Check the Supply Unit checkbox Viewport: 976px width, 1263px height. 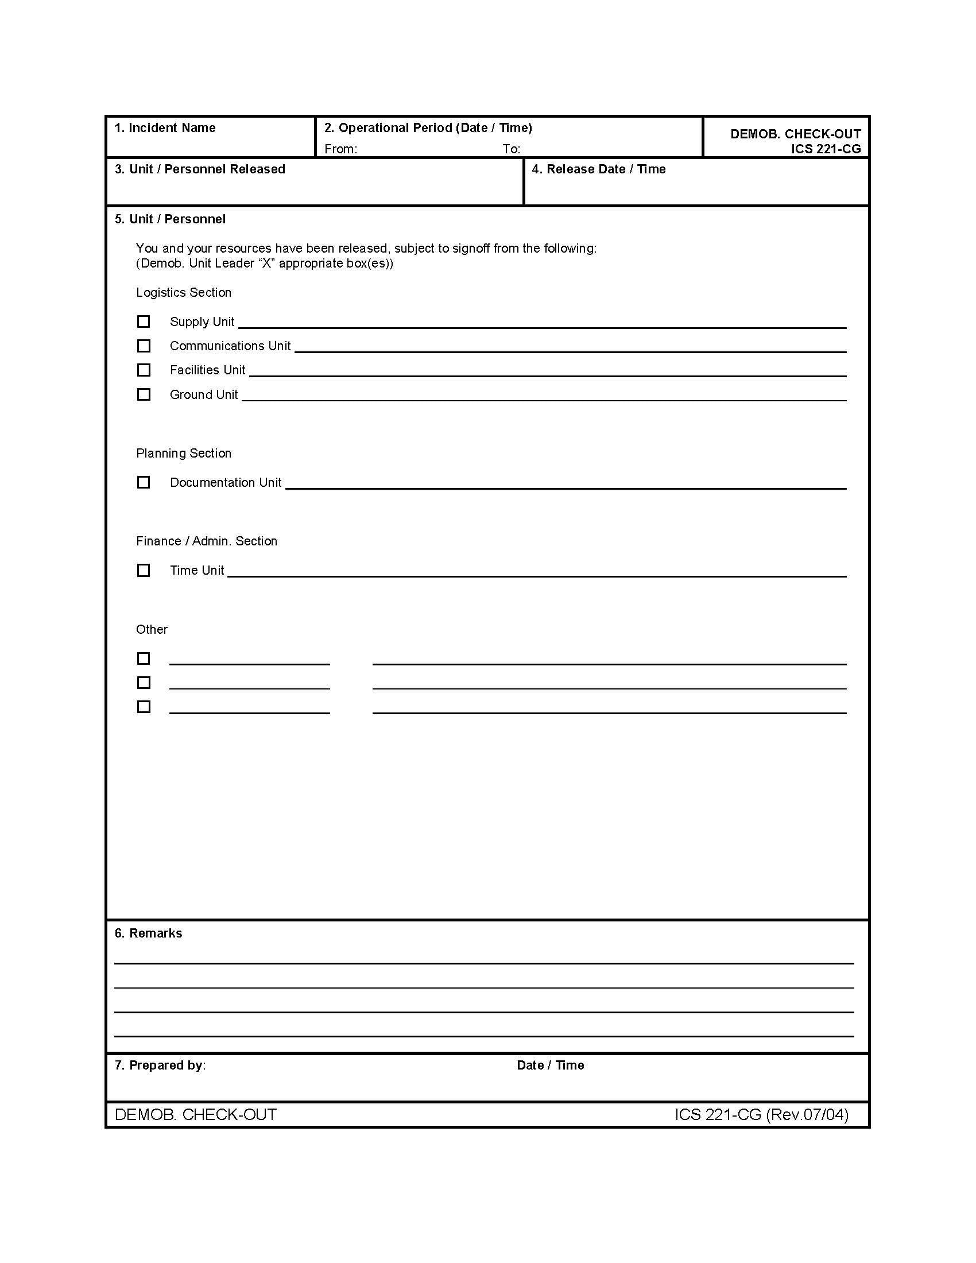[x=144, y=321]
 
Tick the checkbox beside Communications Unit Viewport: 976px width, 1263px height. [x=144, y=346]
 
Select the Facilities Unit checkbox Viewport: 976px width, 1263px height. [x=144, y=370]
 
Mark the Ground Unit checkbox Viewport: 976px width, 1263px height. [x=144, y=394]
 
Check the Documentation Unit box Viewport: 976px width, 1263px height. [x=144, y=482]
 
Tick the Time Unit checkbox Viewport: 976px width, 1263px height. [x=144, y=570]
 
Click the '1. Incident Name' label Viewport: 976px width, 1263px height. [x=165, y=128]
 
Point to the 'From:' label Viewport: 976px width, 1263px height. [x=340, y=149]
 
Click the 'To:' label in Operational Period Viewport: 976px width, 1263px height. [x=511, y=149]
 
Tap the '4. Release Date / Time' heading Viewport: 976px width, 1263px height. [x=598, y=169]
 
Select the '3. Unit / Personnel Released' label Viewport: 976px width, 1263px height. [x=200, y=169]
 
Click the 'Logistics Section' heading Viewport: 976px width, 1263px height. [x=183, y=293]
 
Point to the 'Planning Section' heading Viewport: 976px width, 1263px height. [x=183, y=454]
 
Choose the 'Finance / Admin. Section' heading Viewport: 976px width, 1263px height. [x=207, y=541]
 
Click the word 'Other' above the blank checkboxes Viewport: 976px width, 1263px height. [x=152, y=630]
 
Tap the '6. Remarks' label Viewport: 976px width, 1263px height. [x=148, y=933]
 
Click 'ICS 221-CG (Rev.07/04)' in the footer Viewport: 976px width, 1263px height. [x=761, y=1114]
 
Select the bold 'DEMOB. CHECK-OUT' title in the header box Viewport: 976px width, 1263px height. [x=795, y=134]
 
